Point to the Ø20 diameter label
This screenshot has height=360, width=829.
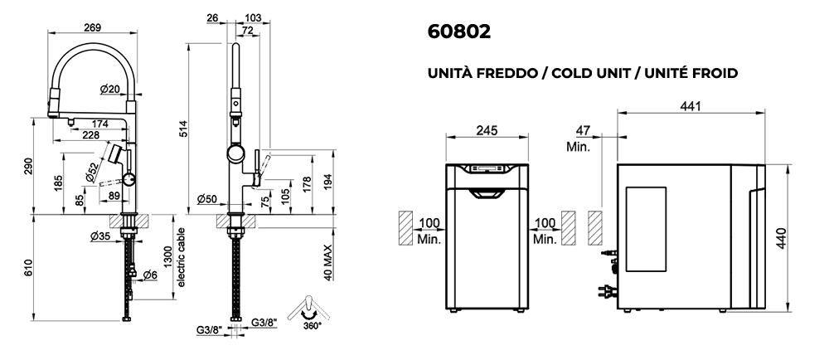pos(109,89)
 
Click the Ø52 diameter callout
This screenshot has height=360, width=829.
pos(91,172)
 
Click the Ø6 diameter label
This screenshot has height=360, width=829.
pos(149,275)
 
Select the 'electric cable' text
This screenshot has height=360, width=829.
pos(181,256)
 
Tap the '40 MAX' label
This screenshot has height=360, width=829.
pos(328,264)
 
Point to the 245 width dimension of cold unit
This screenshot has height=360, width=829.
pos(486,129)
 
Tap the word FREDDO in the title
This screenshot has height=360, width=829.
pos(509,73)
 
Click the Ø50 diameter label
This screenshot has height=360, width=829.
pos(206,198)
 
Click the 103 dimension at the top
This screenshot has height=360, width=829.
pos(255,17)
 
